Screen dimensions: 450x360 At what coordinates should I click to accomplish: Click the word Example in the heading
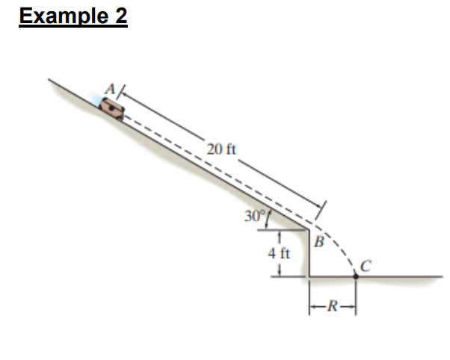click(x=63, y=16)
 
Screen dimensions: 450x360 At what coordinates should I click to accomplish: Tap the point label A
click(x=110, y=89)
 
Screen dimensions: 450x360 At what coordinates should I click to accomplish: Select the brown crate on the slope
click(x=112, y=108)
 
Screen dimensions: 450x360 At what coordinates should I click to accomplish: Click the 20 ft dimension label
click(x=221, y=149)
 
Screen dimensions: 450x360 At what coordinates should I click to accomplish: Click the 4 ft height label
click(x=279, y=254)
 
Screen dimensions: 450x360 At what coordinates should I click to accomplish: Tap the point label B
click(x=319, y=241)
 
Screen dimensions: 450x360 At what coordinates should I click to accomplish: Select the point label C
click(x=366, y=266)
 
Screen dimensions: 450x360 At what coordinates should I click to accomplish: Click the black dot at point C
click(x=356, y=276)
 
